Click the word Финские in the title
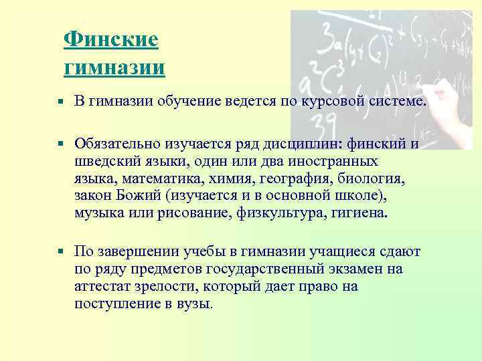pos(111,39)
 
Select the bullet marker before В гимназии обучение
pos(60,101)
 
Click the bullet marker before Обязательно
pos(60,143)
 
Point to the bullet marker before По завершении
pos(60,252)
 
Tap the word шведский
pos(106,161)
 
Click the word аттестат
pos(106,287)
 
